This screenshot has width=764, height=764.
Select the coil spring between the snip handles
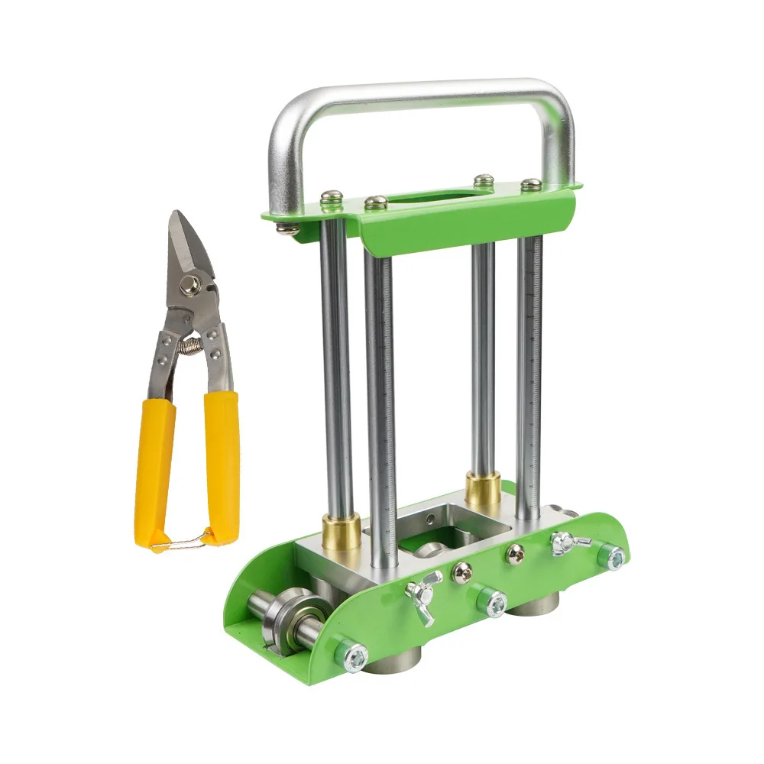(x=191, y=346)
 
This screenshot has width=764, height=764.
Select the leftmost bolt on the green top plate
(x=331, y=198)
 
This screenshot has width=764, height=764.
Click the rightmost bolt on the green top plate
(x=530, y=185)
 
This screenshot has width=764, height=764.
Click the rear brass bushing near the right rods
(x=483, y=489)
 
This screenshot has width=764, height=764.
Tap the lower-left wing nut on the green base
(x=423, y=595)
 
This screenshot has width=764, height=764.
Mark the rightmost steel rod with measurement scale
(x=528, y=367)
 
